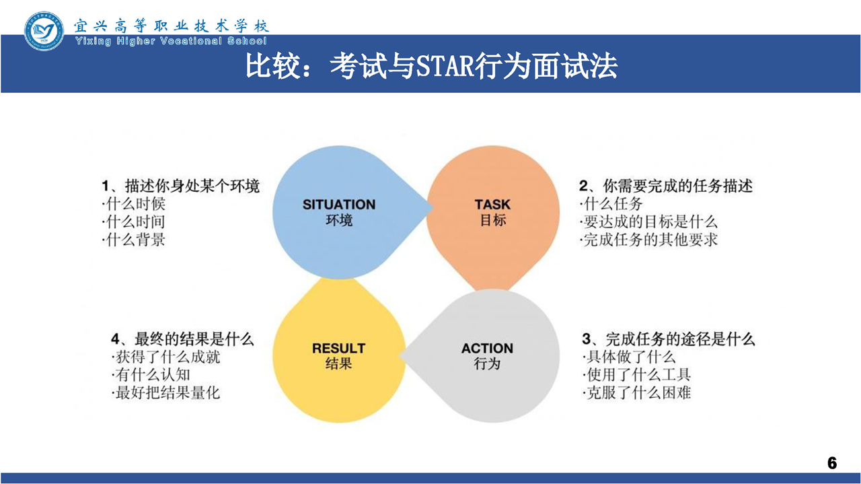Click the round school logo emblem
tap(44, 32)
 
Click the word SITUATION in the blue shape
tap(339, 204)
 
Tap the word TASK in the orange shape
tap(492, 204)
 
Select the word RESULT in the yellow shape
tap(338, 348)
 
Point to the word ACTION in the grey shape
tap(487, 348)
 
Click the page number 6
tap(832, 463)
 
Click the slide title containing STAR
tap(431, 66)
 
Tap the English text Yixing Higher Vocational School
tap(171, 41)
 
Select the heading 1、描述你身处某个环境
tap(181, 186)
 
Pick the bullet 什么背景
tap(134, 240)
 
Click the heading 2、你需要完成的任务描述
tap(666, 186)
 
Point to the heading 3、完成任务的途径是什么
tap(669, 339)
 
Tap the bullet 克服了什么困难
tap(637, 393)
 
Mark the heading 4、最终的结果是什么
tap(182, 339)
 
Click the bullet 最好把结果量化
tap(166, 393)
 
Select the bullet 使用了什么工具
tap(637, 375)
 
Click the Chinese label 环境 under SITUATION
tap(339, 220)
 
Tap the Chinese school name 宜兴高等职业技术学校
tap(171, 26)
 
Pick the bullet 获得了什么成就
tap(166, 357)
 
